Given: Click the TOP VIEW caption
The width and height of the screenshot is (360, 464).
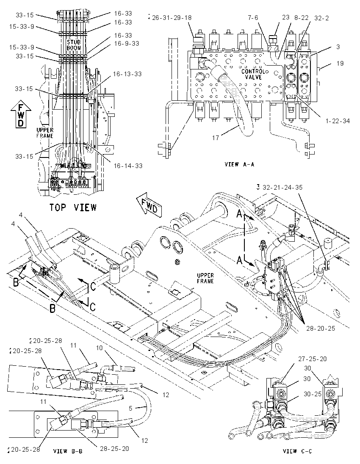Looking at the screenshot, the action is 73,207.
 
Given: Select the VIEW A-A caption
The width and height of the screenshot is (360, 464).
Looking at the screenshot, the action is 239,164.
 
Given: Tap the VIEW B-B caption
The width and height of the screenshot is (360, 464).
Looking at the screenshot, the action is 68,451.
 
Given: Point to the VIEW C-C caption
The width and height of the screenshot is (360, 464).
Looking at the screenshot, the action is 298,451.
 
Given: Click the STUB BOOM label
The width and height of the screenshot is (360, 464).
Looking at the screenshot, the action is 74,45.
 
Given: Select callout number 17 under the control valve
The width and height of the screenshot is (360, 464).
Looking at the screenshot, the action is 216,138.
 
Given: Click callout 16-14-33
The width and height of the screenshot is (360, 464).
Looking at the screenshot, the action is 128,166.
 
